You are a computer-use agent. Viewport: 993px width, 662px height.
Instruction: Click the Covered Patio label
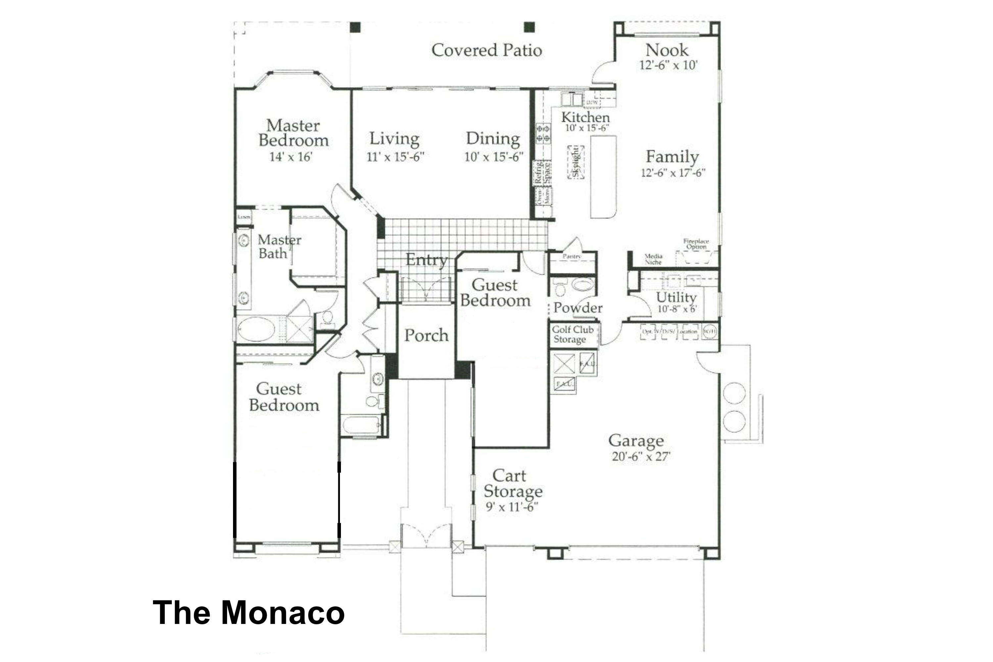pos(486,50)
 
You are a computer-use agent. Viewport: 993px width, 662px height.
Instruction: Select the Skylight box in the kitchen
pos(576,163)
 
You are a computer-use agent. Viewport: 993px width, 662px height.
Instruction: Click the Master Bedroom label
pos(293,133)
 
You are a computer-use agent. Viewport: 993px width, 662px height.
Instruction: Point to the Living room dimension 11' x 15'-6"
pos(395,157)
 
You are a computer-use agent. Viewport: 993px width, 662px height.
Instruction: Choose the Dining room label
pos(493,138)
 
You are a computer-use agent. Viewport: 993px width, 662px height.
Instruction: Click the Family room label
pos(672,157)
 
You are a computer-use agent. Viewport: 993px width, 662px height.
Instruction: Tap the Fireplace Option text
pos(696,244)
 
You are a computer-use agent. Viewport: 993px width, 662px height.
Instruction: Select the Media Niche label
pos(653,259)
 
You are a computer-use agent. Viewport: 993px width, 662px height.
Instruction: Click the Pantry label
pos(572,256)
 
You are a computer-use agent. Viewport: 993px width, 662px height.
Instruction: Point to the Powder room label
pos(578,308)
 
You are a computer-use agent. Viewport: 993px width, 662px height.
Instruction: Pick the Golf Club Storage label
pos(573,334)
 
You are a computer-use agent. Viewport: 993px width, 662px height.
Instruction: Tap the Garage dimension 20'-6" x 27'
pos(641,456)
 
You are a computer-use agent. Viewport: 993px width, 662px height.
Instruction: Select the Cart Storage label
pos(512,483)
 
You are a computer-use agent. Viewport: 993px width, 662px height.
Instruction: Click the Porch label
pos(426,335)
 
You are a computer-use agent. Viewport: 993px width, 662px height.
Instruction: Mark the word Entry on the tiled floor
pos(426,260)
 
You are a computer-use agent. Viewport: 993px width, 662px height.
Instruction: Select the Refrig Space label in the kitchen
pos(543,172)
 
